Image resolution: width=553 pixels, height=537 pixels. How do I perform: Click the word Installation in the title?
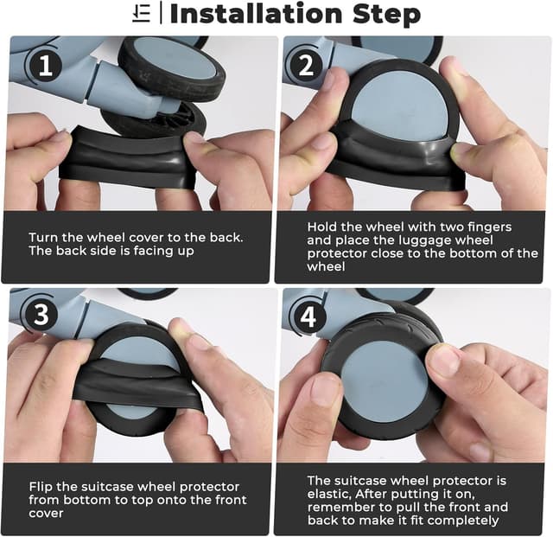pyautogui.click(x=256, y=14)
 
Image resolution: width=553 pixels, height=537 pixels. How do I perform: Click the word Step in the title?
pyautogui.click(x=386, y=15)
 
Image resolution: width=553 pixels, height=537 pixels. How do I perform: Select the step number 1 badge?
pyautogui.click(x=46, y=66)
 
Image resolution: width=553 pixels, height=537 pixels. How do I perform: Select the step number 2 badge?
pyautogui.click(x=306, y=66)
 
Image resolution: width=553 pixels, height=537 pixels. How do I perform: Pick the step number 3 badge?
pyautogui.click(x=41, y=314)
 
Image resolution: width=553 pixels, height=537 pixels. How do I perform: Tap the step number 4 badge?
pyautogui.click(x=308, y=317)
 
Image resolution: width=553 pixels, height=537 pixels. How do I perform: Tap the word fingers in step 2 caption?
pyautogui.click(x=490, y=227)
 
